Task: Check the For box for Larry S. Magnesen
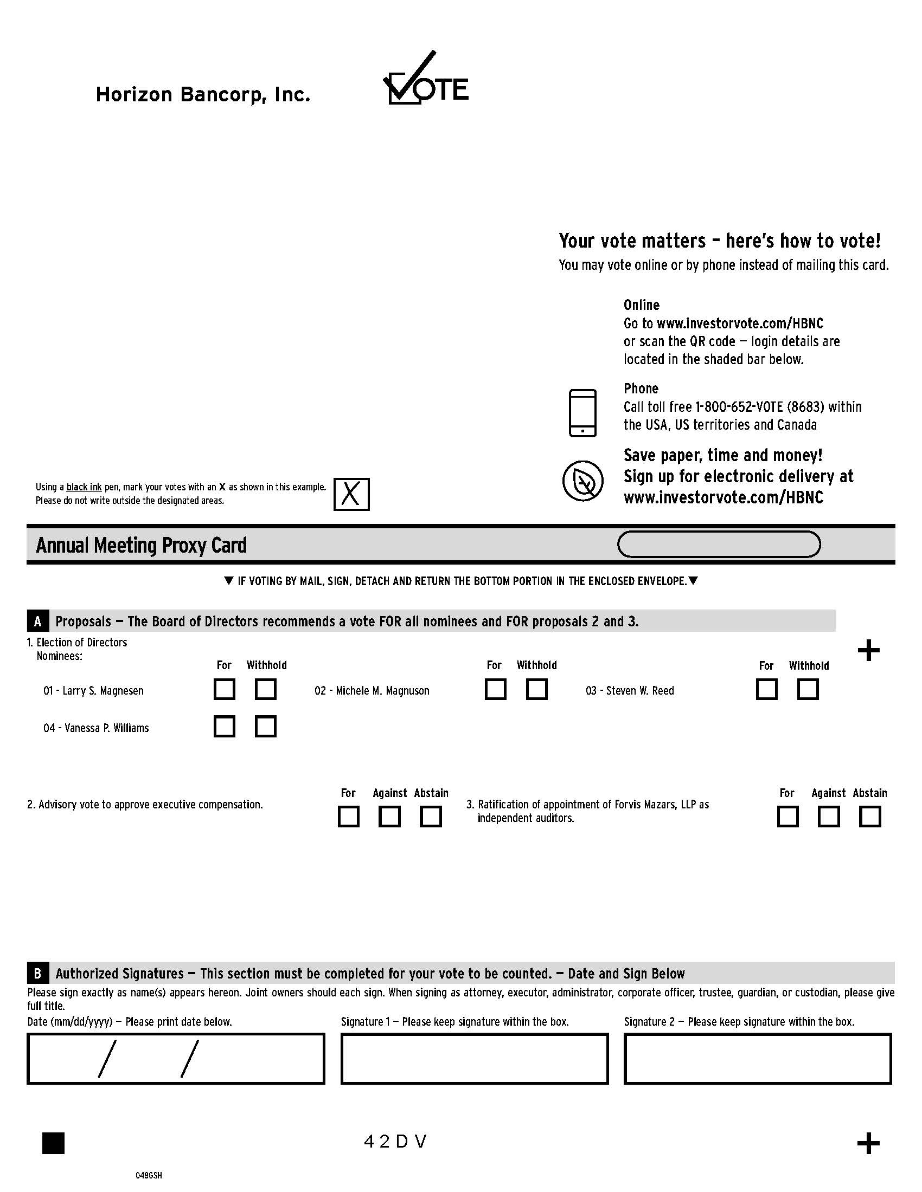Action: coord(224,689)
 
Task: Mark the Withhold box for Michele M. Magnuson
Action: coord(536,689)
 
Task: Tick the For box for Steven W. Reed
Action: coord(766,689)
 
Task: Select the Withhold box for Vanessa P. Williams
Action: coord(265,727)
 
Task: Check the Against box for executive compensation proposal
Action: coord(389,817)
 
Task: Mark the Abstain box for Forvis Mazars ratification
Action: coord(869,817)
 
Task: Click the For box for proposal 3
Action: coord(787,817)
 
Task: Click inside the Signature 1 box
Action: coord(474,1058)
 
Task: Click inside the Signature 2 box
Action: coord(757,1058)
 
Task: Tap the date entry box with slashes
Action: coord(175,1058)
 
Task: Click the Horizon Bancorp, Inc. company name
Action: coord(203,95)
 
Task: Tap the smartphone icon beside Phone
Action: coord(582,413)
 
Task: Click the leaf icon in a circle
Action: coord(582,481)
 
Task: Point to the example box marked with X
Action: coord(351,494)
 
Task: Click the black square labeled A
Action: coord(37,621)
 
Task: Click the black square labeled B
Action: coord(37,973)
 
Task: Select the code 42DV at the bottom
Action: coord(395,1141)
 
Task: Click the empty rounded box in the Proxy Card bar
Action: coord(718,544)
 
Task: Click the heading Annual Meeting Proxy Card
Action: coord(141,545)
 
